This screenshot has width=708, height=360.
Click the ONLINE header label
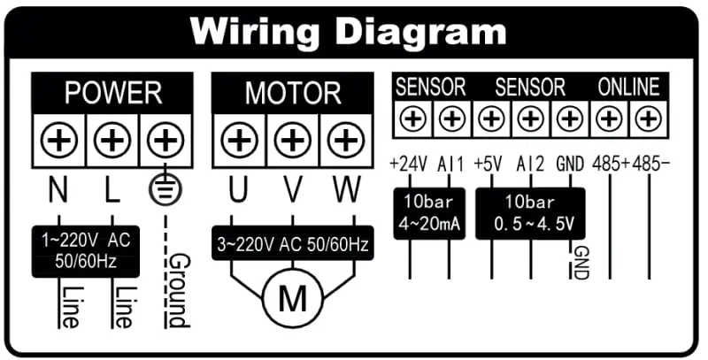(x=628, y=87)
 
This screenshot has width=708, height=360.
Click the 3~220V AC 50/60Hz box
(x=292, y=243)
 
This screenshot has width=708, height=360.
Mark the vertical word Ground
(x=178, y=290)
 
